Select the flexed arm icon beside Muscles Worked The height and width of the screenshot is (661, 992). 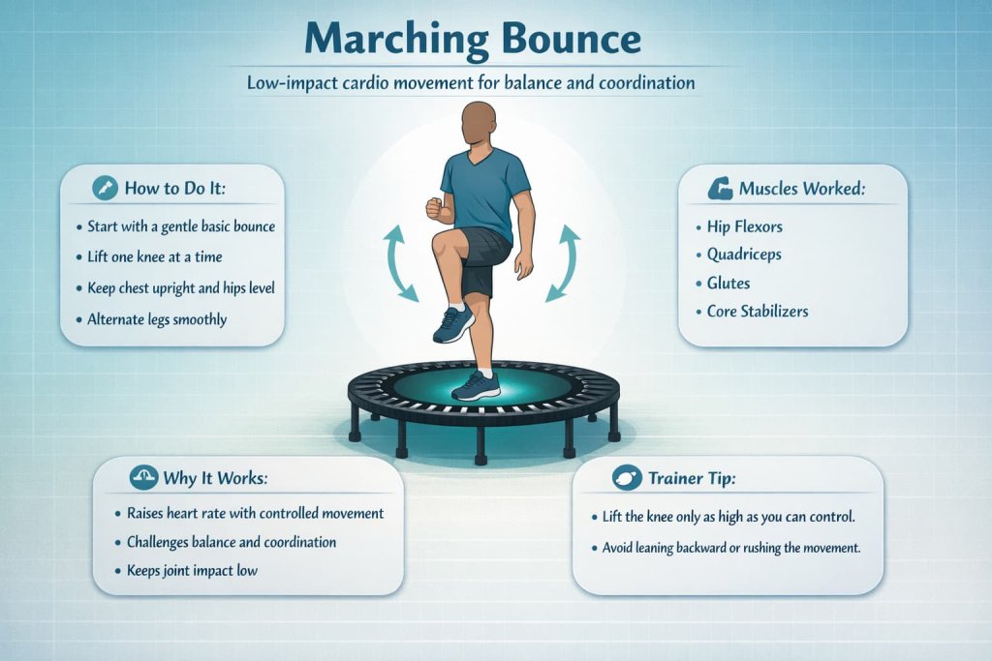click(x=720, y=188)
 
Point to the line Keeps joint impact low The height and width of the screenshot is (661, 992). click(x=193, y=571)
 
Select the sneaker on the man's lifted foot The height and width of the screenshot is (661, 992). click(x=453, y=323)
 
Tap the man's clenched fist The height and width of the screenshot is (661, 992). click(x=434, y=207)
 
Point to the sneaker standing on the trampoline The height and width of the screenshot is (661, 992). click(x=477, y=386)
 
